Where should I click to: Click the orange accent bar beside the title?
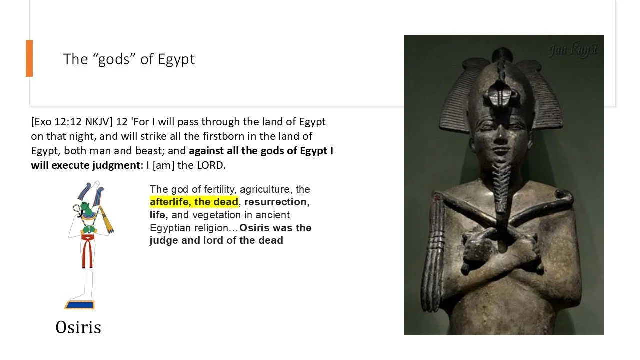(29, 58)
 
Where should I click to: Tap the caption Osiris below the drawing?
(78, 327)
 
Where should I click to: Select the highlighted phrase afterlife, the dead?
(194, 202)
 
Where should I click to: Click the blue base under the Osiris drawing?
(79, 304)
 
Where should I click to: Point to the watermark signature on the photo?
(572, 50)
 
